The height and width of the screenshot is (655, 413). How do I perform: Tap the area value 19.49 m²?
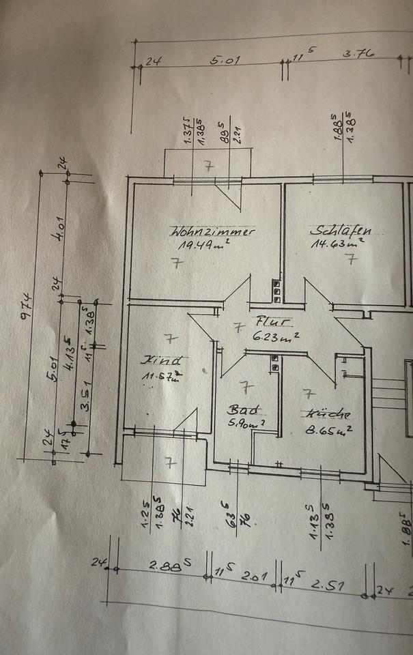[203, 245]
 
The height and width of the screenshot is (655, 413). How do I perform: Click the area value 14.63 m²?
[337, 242]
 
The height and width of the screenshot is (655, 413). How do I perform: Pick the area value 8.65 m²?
[330, 430]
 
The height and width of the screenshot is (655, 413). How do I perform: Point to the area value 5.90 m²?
[246, 424]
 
